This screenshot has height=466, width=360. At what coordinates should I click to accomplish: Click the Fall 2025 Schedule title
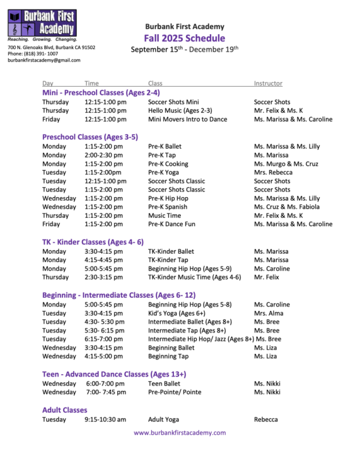(184, 38)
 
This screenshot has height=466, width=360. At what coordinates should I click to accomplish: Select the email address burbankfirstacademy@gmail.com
(44, 60)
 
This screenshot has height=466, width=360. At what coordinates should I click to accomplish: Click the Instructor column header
(268, 84)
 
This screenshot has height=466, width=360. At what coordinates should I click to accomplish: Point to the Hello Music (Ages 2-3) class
(180, 110)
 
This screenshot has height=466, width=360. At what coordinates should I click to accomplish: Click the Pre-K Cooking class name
(168, 164)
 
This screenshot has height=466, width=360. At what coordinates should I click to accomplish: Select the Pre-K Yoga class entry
(162, 172)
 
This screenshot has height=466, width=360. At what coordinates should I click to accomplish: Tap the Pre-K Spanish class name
(168, 206)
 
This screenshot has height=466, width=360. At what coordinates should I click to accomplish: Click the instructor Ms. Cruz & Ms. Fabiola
(287, 206)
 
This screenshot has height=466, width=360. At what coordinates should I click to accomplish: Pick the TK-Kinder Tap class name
(169, 260)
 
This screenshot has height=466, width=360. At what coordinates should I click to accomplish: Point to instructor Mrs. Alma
(269, 313)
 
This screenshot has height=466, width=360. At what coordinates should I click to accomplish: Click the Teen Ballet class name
(164, 383)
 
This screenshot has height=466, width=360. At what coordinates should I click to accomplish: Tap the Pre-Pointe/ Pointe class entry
(175, 392)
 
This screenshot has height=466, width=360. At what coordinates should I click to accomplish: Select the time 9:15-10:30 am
(105, 419)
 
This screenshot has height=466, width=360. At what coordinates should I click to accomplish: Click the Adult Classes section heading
(65, 410)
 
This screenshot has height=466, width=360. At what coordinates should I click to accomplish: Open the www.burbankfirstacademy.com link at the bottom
(180, 432)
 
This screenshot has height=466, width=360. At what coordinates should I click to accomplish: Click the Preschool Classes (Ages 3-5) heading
(90, 137)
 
